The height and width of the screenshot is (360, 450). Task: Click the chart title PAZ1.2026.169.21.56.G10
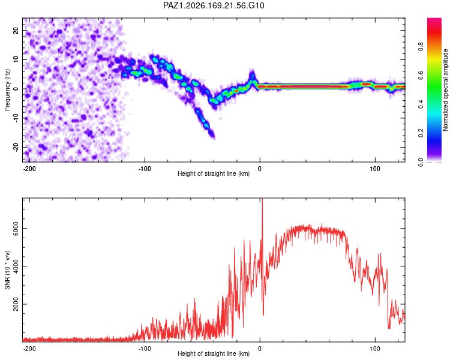[x=214, y=5]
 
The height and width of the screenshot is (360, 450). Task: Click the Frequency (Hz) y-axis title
[x=7, y=90]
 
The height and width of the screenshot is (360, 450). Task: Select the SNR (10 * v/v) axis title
[x=7, y=270]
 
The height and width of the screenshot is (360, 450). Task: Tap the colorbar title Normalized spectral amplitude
[x=445, y=90]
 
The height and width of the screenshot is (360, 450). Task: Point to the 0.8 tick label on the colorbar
[x=421, y=46]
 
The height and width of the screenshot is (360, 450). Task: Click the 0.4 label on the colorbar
[x=421, y=104]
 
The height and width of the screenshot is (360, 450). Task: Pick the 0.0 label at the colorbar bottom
[x=421, y=162]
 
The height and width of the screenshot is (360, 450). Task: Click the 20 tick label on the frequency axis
[x=16, y=30]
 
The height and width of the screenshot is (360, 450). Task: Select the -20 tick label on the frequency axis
[x=16, y=147]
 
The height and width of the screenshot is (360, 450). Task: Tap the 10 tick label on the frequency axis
[x=16, y=59]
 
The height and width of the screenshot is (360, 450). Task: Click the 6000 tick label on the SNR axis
[x=16, y=228]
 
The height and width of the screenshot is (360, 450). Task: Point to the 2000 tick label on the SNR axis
[x=16, y=304]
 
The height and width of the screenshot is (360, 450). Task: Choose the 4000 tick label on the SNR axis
[x=16, y=266]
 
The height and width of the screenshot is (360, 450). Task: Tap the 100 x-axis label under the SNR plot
[x=375, y=349]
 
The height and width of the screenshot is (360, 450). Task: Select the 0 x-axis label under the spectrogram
[x=260, y=169]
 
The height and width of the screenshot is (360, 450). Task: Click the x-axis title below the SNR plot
[x=214, y=353]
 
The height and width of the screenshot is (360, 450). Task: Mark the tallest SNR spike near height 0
[x=262, y=199]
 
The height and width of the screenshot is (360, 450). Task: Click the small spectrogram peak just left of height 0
[x=253, y=75]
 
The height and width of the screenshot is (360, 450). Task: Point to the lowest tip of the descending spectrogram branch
[x=213, y=138]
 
